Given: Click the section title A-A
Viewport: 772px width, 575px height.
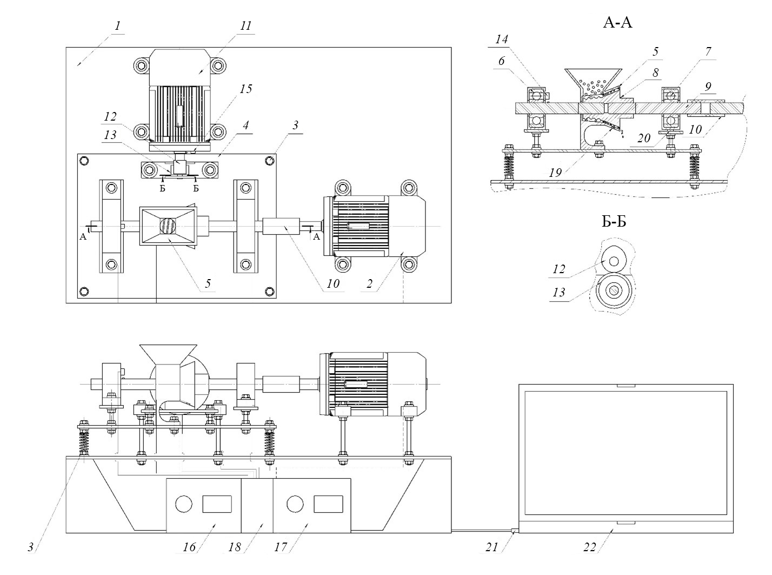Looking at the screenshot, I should [618, 23].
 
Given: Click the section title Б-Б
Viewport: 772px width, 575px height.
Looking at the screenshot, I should [613, 221].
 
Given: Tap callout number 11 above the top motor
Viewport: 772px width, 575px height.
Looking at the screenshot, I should [247, 26].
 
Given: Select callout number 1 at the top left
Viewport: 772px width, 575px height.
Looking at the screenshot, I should [117, 25].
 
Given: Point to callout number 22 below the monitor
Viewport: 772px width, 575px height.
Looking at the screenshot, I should [589, 547].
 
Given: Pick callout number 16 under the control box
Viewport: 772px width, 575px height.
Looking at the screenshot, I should [189, 547].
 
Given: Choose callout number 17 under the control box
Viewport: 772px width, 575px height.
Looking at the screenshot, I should [281, 547].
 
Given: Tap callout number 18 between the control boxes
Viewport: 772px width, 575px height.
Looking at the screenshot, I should [234, 547].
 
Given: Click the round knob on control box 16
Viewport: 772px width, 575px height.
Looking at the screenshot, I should [184, 504].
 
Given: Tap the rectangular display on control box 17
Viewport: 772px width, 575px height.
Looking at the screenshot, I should [328, 504].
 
